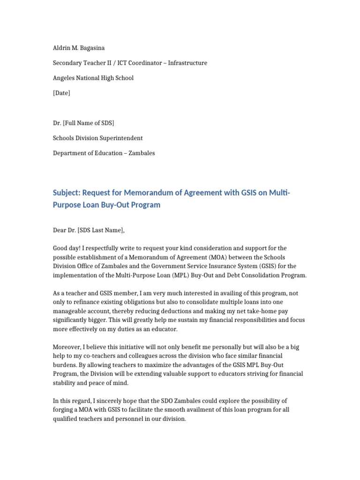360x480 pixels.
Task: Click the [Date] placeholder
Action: pos(61,93)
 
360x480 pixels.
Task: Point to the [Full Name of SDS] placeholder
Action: pos(89,123)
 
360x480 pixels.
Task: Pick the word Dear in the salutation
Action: pos(60,230)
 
